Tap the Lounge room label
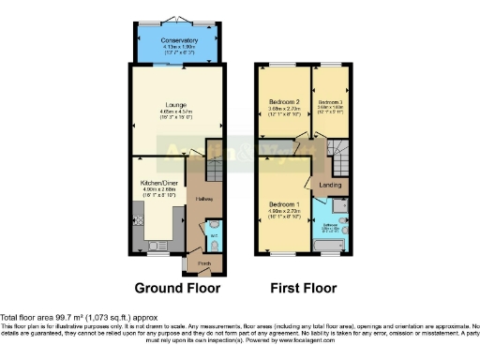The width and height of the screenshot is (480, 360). [177, 104]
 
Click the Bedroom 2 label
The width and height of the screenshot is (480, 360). [283, 101]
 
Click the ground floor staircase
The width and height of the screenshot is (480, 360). [215, 170]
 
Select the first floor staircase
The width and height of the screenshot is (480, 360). [338, 149]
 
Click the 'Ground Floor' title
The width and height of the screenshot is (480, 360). [177, 288]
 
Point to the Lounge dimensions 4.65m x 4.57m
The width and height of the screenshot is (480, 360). [177, 112]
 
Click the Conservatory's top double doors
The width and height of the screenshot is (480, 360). [178, 18]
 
